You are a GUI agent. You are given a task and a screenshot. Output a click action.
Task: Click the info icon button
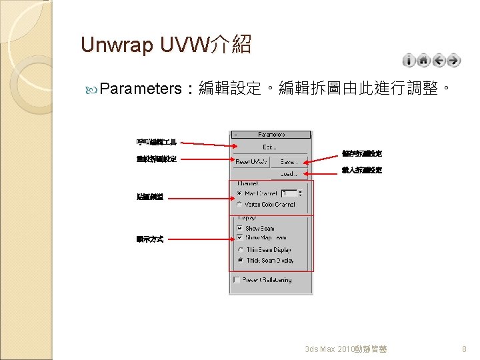point(409,61)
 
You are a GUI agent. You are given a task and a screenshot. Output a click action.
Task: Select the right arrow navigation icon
point(454,61)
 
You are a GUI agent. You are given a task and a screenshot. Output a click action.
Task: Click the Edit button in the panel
point(270,147)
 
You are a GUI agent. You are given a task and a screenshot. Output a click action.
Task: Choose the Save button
point(289,161)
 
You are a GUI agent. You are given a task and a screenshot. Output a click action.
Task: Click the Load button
point(289,173)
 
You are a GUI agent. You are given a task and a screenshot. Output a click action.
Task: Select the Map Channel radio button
point(239,193)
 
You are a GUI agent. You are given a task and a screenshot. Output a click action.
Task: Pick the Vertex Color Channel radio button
point(239,205)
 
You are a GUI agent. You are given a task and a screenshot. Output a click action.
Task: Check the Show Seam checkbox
point(239,229)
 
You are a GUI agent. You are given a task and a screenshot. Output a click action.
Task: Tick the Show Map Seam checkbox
point(239,238)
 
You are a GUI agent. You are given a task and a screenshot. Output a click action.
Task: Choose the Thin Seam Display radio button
point(239,250)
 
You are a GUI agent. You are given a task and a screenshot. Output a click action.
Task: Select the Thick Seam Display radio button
point(239,261)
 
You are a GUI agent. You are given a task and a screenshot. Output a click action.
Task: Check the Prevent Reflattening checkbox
point(236,281)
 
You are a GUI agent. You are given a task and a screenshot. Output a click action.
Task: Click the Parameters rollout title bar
point(271,134)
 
